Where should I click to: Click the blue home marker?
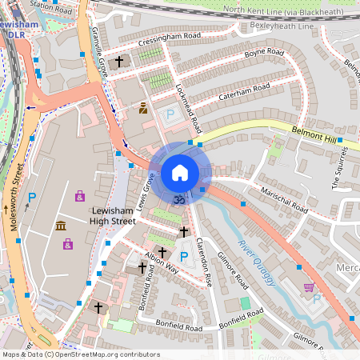[180, 172]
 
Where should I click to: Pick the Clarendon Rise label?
[201, 264]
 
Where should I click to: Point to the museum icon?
[61, 227]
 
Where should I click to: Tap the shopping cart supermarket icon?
[309, 287]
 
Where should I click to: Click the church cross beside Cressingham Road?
[120, 61]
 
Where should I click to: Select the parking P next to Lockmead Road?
[169, 116]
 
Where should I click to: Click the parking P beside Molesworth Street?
[32, 198]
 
